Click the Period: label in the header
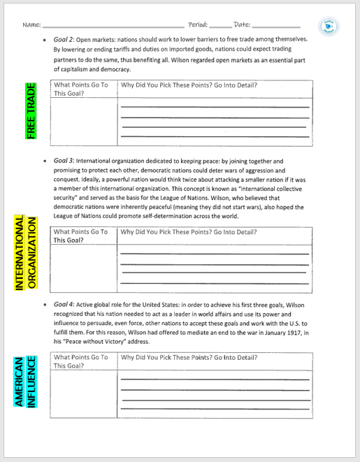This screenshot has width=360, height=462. pos(198,25)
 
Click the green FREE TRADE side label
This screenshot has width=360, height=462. pos(30,110)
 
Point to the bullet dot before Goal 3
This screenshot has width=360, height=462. pos(44,161)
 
